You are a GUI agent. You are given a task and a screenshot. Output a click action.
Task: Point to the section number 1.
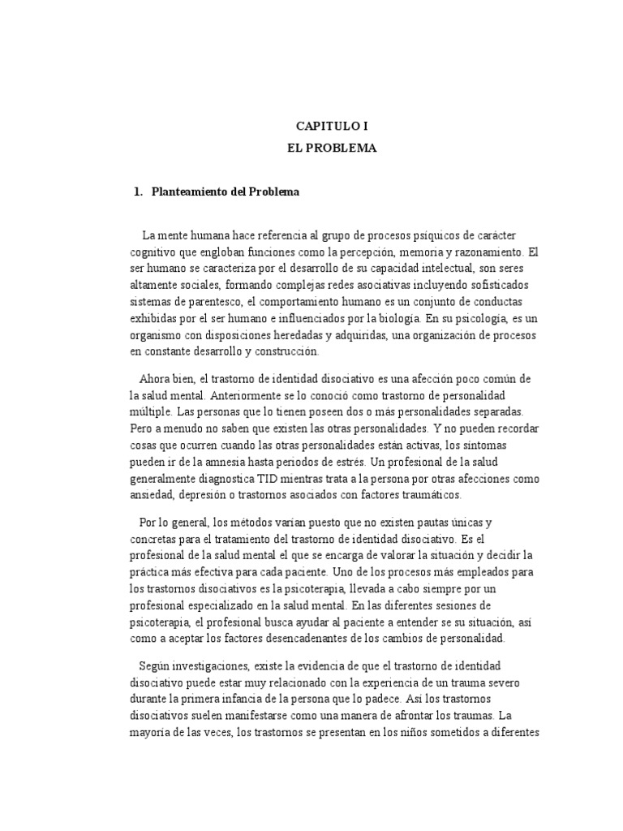click(x=137, y=192)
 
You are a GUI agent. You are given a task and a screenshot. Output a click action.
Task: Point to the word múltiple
click(x=151, y=412)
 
